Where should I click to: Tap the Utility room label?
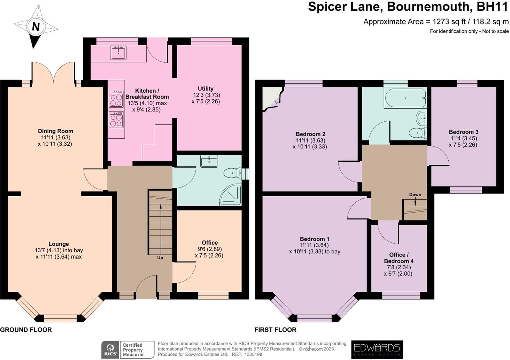click(x=206, y=89)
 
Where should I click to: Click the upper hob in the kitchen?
click(x=116, y=99)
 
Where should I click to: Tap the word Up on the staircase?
click(x=160, y=258)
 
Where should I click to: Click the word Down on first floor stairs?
click(x=415, y=194)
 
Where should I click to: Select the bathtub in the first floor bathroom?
click(x=405, y=98)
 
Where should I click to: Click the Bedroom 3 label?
click(x=463, y=132)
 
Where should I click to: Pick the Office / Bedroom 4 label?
click(x=399, y=258)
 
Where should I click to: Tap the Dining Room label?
click(x=56, y=131)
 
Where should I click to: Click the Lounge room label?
click(x=59, y=244)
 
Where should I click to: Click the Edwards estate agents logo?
click(x=377, y=350)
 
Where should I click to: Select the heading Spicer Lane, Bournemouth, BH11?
click(x=408, y=7)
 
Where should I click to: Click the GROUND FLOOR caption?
click(x=26, y=330)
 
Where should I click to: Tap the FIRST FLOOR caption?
click(x=275, y=330)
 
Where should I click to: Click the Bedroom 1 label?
click(x=315, y=239)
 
